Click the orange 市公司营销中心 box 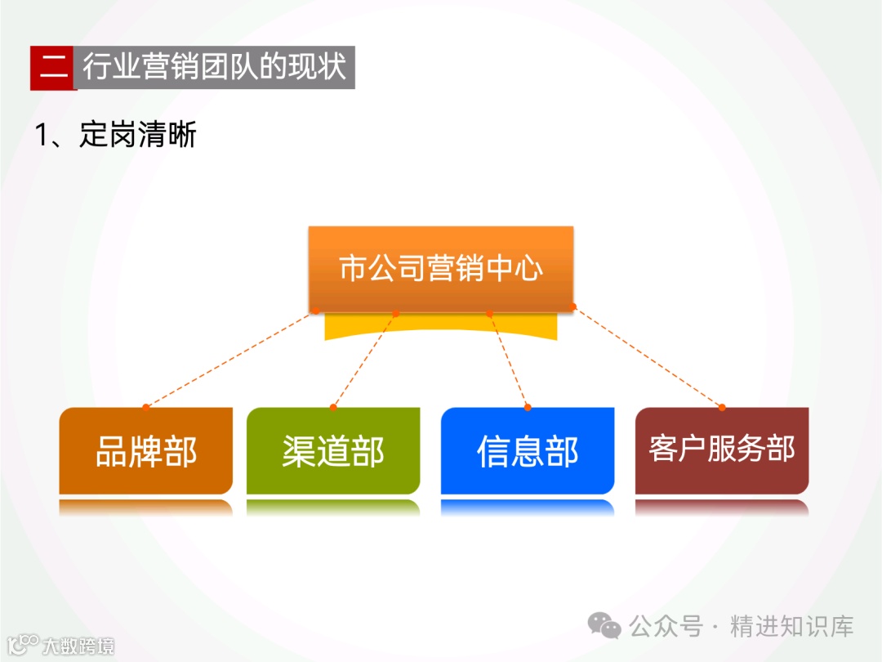[441, 268]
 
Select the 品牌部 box [146, 451]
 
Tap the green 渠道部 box [333, 451]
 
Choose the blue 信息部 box [528, 451]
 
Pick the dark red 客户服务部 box [722, 450]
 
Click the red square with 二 [53, 67]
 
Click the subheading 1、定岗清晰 [115, 135]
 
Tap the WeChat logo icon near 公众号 [606, 627]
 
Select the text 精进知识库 [792, 627]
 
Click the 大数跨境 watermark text [78, 646]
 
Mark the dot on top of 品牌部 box [146, 407]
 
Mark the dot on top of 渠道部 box [333, 407]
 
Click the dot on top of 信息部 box [528, 407]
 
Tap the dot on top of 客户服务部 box [722, 407]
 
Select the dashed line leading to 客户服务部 [648, 357]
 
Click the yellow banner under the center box [441, 327]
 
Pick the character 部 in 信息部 [563, 452]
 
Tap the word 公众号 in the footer [666, 627]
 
